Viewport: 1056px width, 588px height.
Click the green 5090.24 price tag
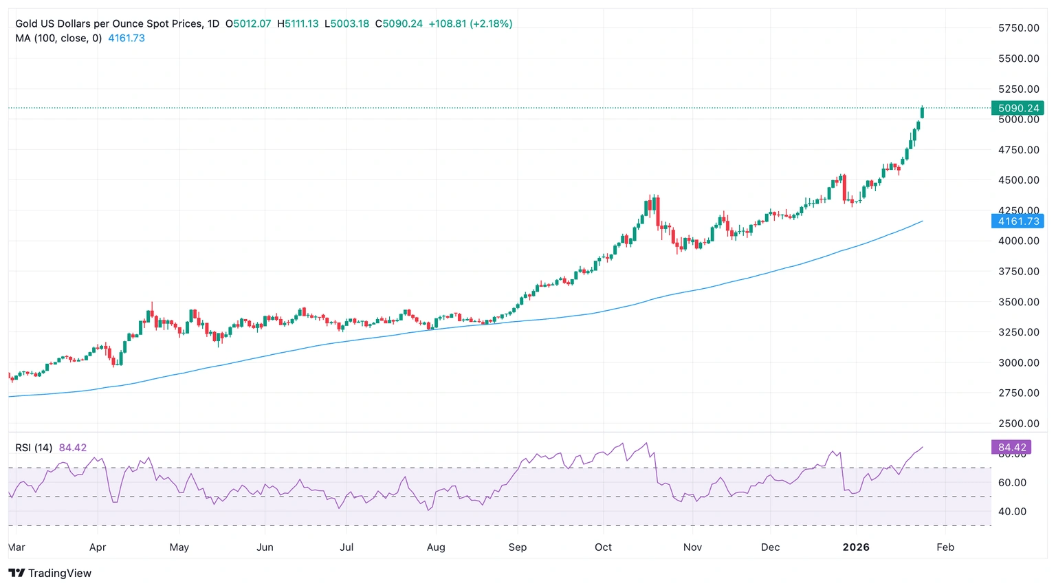click(1017, 108)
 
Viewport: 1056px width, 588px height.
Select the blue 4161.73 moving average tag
click(1017, 221)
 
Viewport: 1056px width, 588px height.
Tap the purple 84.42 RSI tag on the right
click(1011, 447)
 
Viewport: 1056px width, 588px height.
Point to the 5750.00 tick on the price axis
click(1018, 28)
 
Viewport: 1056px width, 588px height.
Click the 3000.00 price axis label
click(1018, 362)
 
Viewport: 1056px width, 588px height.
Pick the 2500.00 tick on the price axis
click(1018, 424)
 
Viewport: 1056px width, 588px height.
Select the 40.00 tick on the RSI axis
click(1013, 511)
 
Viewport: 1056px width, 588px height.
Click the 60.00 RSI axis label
click(1013, 483)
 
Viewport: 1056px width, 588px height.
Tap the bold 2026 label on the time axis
click(856, 547)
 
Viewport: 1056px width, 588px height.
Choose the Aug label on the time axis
click(436, 547)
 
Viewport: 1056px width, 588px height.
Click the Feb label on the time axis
click(945, 547)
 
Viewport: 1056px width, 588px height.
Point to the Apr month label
click(98, 547)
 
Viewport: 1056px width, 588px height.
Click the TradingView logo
click(49, 573)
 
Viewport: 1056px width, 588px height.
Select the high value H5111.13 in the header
click(298, 24)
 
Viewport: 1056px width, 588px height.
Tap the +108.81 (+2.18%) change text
click(470, 24)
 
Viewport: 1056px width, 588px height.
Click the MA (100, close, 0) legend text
click(58, 39)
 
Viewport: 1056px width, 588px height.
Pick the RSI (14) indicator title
click(34, 448)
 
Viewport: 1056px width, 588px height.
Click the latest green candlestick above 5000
click(922, 112)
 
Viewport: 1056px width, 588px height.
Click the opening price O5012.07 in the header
click(248, 24)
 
